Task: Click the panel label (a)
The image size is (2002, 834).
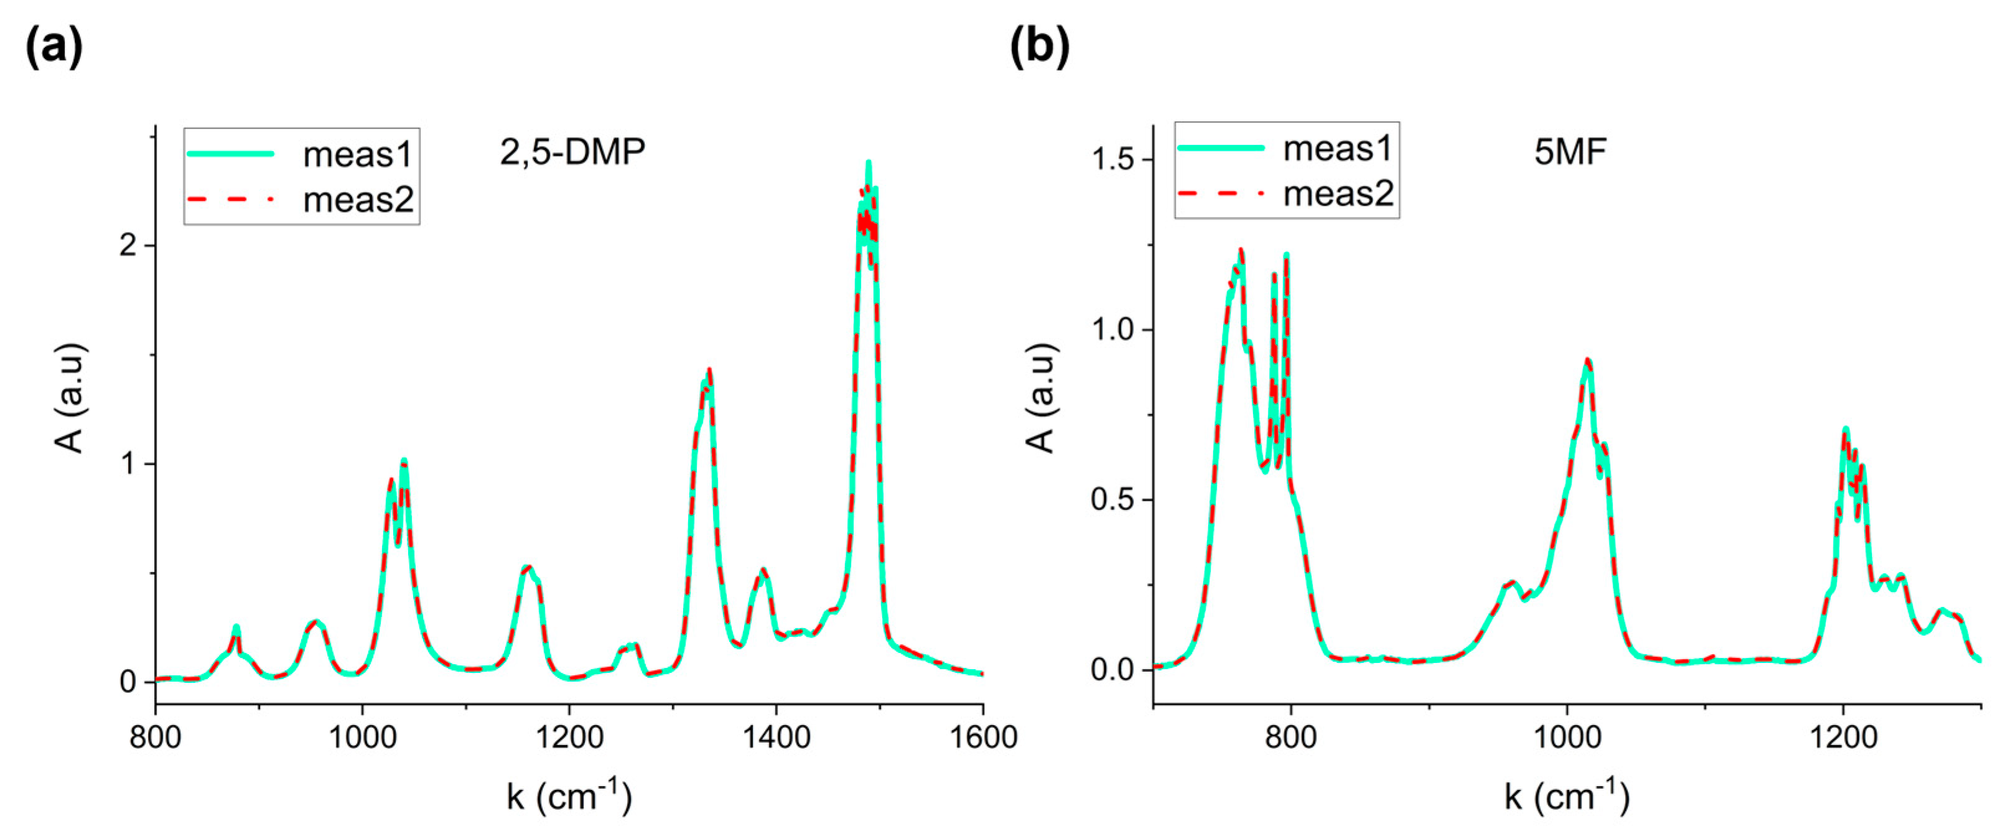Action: tap(54, 46)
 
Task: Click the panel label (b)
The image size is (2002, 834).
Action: tap(1039, 46)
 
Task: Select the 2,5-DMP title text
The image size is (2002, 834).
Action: tap(572, 152)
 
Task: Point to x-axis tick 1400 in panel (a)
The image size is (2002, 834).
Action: tap(776, 736)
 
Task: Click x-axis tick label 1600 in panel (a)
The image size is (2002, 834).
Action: tap(983, 736)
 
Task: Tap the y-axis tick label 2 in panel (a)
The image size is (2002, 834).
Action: tap(128, 246)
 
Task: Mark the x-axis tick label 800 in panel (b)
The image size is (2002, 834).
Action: tap(1291, 736)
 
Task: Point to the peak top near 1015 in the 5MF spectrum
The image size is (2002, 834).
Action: tap(1588, 360)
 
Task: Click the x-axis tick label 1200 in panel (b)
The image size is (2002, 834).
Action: tap(1843, 736)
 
